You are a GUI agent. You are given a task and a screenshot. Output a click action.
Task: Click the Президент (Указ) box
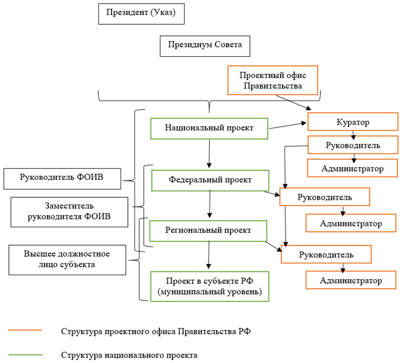(x=142, y=13)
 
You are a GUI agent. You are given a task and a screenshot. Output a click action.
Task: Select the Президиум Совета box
(x=205, y=45)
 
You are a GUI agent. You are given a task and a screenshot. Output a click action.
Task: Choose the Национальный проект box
(x=209, y=128)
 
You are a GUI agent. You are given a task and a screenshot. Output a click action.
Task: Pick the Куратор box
(x=352, y=122)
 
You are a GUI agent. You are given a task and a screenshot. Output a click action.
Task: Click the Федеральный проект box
(x=210, y=180)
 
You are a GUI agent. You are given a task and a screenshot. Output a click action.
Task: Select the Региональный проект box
(x=209, y=230)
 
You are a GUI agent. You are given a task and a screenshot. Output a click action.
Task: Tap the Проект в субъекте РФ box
(x=209, y=286)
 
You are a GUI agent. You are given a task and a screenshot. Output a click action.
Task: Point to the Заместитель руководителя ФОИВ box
(x=69, y=211)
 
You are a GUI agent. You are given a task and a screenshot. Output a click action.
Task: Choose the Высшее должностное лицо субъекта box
(x=67, y=259)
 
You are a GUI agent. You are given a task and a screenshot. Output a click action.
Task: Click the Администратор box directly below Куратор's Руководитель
(x=352, y=168)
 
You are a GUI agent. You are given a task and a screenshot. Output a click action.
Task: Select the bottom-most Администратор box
(x=351, y=280)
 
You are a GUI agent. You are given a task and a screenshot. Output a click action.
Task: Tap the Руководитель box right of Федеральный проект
(x=325, y=197)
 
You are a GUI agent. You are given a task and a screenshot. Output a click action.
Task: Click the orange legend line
(x=25, y=331)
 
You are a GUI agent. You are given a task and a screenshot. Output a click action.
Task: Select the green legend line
(x=25, y=355)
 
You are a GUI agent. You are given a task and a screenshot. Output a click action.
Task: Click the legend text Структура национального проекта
(x=129, y=355)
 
